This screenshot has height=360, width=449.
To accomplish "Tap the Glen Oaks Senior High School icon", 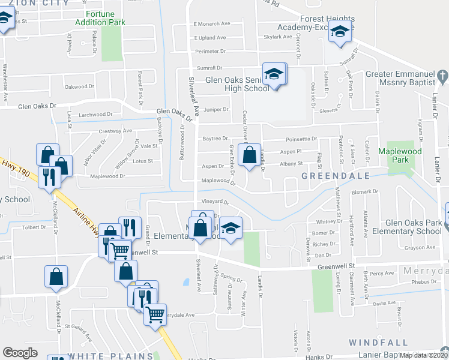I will point(275,75).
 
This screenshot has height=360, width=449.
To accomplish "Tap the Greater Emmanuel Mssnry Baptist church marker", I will point(443,76).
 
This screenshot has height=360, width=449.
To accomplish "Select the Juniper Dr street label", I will point(217,110).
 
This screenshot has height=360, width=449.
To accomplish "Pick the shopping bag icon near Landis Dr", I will point(249,155).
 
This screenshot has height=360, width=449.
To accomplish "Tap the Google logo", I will point(20,353).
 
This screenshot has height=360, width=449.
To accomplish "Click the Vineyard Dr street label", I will point(216,203).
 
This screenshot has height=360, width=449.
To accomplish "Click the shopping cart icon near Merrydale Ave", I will point(155,313).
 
